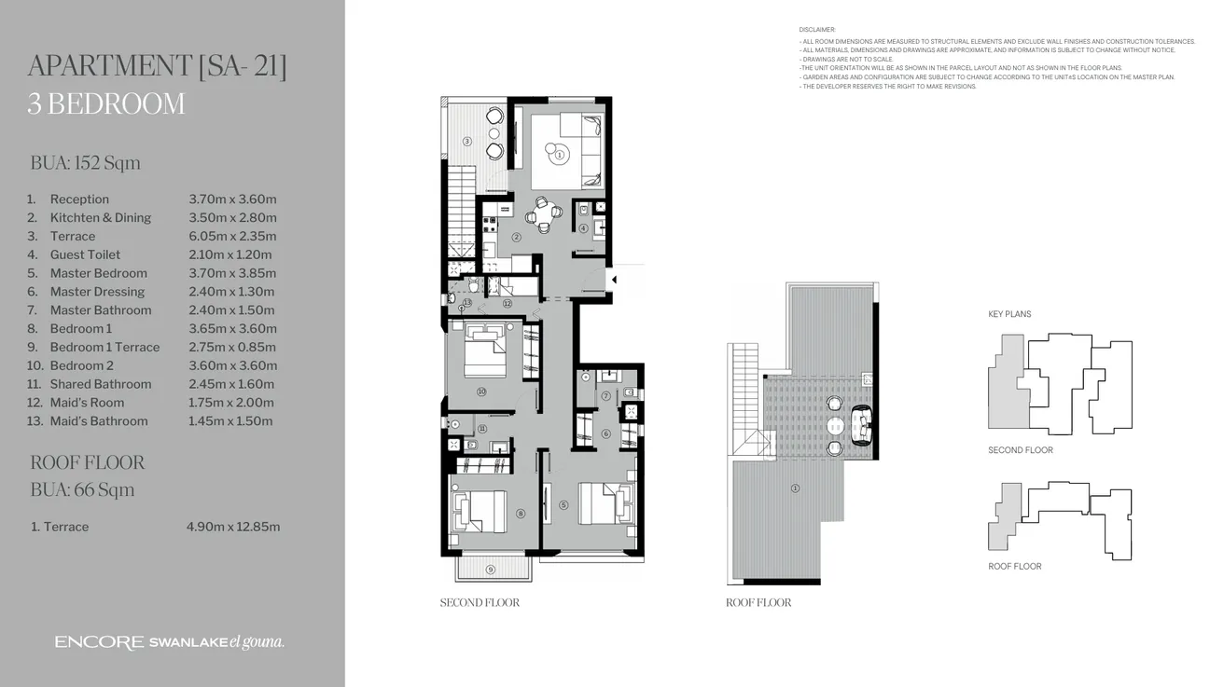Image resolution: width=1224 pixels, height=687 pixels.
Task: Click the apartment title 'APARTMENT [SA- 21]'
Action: click(x=157, y=67)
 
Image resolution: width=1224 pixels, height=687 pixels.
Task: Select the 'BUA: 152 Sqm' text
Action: click(x=85, y=163)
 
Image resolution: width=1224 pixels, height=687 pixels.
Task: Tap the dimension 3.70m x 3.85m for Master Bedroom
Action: click(x=232, y=273)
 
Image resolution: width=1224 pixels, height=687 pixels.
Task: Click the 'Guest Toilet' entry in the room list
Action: click(x=85, y=254)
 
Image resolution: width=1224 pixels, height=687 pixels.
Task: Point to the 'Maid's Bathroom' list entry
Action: click(x=98, y=421)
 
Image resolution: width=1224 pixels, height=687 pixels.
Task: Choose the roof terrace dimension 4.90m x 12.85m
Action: click(x=233, y=527)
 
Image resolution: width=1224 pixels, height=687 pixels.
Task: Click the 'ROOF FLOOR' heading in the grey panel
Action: click(x=87, y=462)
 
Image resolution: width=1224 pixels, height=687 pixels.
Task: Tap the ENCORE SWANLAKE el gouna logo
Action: click(x=169, y=642)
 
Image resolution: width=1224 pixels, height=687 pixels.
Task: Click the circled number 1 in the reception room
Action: click(x=559, y=156)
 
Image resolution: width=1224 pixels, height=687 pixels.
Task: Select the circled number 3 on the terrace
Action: click(x=467, y=142)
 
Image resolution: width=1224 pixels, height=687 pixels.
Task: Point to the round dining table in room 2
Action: click(x=543, y=216)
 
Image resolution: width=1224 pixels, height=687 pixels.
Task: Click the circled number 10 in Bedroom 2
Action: click(x=481, y=392)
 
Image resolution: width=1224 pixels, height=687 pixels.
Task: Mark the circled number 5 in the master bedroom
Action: click(x=563, y=505)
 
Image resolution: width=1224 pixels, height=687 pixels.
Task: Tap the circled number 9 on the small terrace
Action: click(x=491, y=569)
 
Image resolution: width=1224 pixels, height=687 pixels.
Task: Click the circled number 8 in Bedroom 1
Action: click(x=520, y=513)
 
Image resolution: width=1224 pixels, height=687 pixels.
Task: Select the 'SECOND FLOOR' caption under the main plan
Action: click(x=480, y=603)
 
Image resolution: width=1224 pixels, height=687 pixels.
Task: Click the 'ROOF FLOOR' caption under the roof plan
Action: click(x=758, y=603)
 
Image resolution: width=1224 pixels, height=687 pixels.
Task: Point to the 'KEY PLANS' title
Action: click(x=1009, y=314)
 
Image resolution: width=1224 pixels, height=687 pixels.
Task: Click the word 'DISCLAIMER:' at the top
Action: click(x=817, y=30)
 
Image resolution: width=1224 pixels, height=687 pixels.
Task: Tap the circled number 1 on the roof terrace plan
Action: click(x=795, y=488)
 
